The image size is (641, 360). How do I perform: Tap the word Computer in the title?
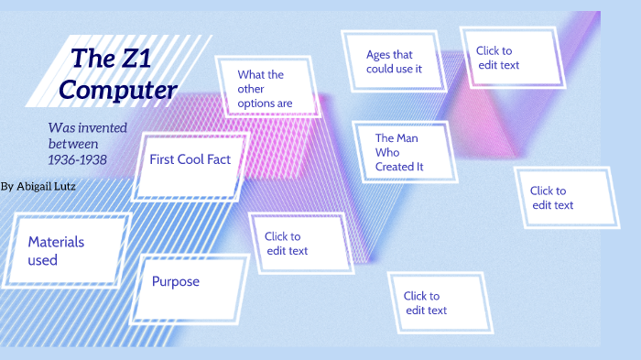118,91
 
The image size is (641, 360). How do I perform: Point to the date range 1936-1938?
78,160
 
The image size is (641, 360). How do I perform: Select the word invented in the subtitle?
102,128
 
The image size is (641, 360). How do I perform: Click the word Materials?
56,242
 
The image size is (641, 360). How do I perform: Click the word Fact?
218,159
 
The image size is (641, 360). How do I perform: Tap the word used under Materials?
42,260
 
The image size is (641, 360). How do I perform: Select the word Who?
387,152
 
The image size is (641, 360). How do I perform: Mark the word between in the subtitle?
72,144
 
